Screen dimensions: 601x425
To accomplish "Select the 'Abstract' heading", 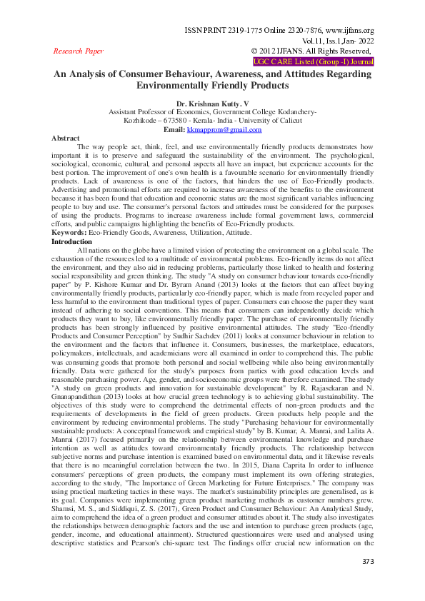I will pos(66,138).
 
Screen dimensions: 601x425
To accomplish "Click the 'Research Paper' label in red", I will pos(79,51).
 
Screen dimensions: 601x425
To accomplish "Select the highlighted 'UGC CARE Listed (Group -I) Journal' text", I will pos(314,61).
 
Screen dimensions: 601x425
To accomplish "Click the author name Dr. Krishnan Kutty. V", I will pos(212,103).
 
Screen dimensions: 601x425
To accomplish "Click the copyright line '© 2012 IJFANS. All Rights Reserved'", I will pos(311,51).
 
